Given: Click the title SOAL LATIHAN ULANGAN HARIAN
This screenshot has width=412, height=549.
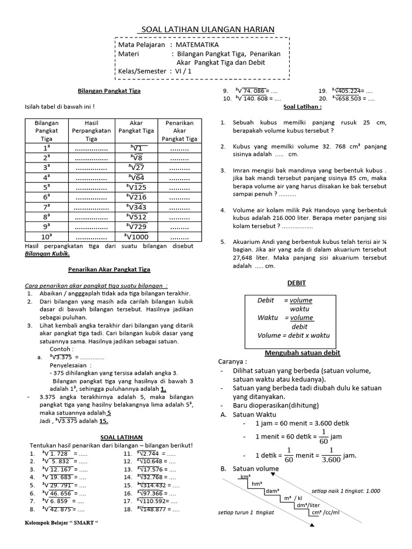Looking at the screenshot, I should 206,29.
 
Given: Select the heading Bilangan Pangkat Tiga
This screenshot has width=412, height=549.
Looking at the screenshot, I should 109,91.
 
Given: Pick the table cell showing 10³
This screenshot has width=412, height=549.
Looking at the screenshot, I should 47,235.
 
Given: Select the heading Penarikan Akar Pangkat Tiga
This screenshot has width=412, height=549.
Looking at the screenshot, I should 109,269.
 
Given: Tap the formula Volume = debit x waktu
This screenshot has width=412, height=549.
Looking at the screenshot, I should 293,336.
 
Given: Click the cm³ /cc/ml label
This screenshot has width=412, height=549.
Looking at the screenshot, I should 328,513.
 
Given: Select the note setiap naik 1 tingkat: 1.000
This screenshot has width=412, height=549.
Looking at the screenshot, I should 345,491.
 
